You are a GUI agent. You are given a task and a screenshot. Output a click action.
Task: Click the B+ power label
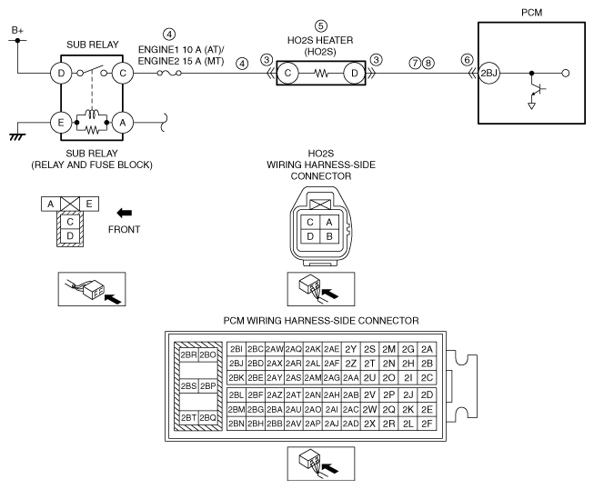click(x=17, y=30)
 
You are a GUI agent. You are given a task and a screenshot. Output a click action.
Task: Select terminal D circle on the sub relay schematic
click(x=61, y=73)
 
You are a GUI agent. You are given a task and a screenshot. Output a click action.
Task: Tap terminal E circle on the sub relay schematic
click(x=61, y=123)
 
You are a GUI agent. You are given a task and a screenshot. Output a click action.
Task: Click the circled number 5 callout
click(x=321, y=26)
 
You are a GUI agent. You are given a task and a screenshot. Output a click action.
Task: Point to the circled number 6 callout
click(x=467, y=60)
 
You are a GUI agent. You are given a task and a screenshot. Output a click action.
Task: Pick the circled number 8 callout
click(x=428, y=63)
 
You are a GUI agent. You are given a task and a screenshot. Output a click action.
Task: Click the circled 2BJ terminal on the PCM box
click(x=488, y=73)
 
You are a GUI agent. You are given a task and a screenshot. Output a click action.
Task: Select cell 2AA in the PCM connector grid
click(x=351, y=378)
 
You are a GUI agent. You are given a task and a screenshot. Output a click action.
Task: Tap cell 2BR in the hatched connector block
click(x=188, y=355)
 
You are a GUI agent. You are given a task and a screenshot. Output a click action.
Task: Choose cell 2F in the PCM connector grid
click(x=427, y=424)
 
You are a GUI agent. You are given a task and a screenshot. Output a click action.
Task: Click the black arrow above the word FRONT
click(x=125, y=213)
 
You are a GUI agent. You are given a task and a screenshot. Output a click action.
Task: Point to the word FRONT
click(x=125, y=230)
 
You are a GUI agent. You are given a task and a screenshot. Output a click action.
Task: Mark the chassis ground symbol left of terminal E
click(x=17, y=136)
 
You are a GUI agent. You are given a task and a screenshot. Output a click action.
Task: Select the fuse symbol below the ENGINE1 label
click(x=169, y=73)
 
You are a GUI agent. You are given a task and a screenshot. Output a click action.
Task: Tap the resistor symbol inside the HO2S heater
click(x=321, y=74)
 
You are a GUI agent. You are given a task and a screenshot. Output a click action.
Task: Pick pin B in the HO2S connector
click(x=329, y=236)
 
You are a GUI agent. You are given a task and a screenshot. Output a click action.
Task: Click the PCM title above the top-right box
click(x=531, y=13)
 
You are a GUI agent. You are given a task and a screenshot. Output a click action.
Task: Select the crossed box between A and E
click(x=70, y=204)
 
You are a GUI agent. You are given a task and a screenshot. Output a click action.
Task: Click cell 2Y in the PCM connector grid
click(x=351, y=349)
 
